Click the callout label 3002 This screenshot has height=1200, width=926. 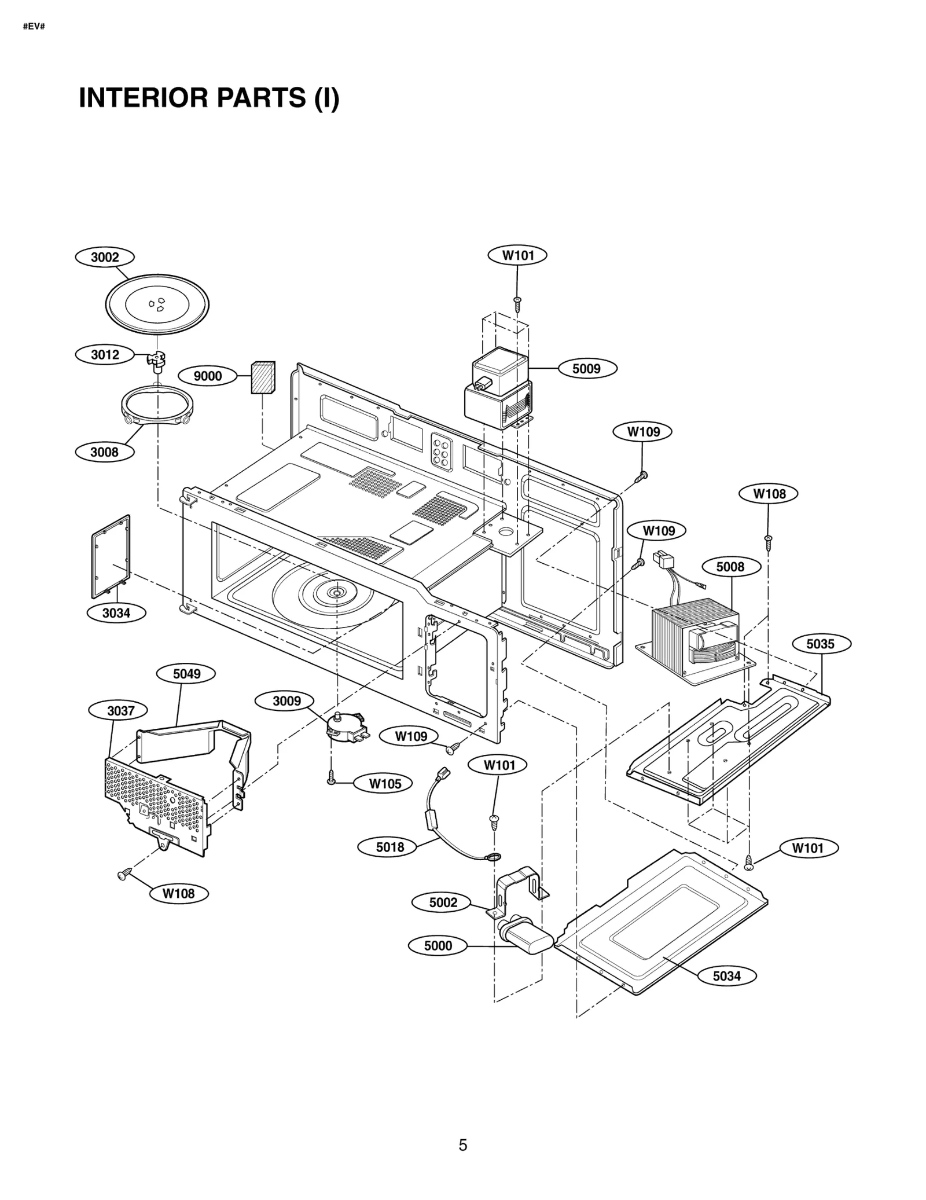(105, 257)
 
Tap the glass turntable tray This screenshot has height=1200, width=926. (157, 304)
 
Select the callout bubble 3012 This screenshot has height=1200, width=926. (105, 354)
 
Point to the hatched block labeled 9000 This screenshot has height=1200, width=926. (263, 377)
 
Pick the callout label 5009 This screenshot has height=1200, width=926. (587, 369)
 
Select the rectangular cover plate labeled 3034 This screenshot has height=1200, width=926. (111, 556)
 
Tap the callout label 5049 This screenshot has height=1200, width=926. (186, 674)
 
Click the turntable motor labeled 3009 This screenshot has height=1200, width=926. (346, 727)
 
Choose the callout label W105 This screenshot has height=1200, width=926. (385, 784)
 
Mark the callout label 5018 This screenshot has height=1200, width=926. (389, 847)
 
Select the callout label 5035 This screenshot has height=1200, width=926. (821, 644)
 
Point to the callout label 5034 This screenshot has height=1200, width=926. (726, 976)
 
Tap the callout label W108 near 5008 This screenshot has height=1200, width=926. (769, 494)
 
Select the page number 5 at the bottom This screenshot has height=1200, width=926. (463, 1145)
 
